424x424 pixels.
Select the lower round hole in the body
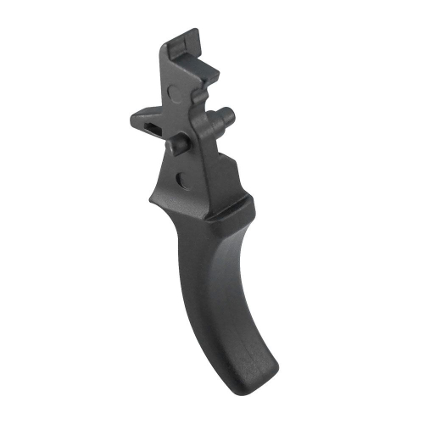point(180,178)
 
